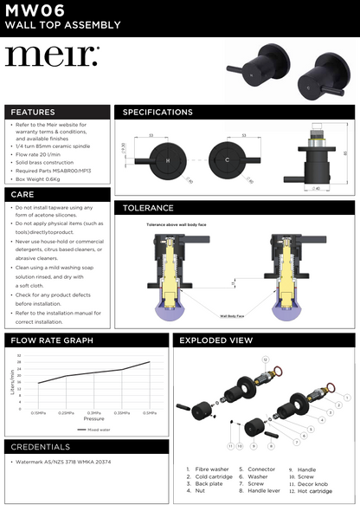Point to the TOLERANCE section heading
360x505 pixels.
click(148, 208)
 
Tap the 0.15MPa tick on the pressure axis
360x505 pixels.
click(39, 413)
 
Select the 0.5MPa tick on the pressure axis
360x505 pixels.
click(150, 413)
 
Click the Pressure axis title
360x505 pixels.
click(93, 418)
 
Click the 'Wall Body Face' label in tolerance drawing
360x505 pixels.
click(229, 316)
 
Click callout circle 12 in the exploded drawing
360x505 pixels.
click(266, 358)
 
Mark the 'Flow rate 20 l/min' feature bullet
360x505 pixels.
click(51, 154)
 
